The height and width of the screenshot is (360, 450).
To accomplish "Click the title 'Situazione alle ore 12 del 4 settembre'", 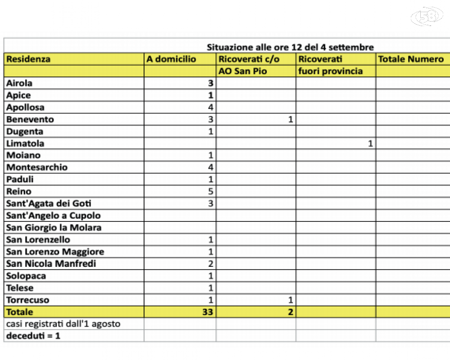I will click(x=290, y=47).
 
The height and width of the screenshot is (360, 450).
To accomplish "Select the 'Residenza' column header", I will click(x=28, y=59).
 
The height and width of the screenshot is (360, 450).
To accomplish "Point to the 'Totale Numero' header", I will click(x=410, y=59).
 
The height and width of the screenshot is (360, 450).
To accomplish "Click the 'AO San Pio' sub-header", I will click(x=243, y=71).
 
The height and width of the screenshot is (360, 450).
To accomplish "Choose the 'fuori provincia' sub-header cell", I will click(x=330, y=71).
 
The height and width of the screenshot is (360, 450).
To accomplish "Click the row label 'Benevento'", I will click(x=30, y=119).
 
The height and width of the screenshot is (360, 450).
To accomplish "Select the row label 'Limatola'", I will click(x=25, y=144).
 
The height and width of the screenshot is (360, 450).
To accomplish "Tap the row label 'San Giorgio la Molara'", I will click(x=54, y=228).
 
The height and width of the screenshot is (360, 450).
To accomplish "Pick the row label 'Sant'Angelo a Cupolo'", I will click(x=53, y=216).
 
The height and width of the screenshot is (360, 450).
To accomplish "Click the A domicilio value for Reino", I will click(x=211, y=191).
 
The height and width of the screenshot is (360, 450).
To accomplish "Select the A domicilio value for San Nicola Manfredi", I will click(x=211, y=264).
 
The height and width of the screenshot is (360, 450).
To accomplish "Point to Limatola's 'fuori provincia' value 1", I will click(x=370, y=144).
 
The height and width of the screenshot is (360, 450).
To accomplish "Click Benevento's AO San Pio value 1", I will click(x=291, y=119).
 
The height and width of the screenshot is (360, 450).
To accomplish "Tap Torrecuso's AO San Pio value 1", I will click(x=291, y=300).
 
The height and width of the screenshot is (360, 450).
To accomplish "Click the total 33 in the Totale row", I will click(x=207, y=312).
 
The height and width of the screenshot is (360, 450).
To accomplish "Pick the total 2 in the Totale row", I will click(x=291, y=312).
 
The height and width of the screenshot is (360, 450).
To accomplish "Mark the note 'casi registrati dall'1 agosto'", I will click(x=63, y=324).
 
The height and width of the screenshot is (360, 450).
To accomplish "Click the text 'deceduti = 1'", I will click(x=33, y=336).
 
